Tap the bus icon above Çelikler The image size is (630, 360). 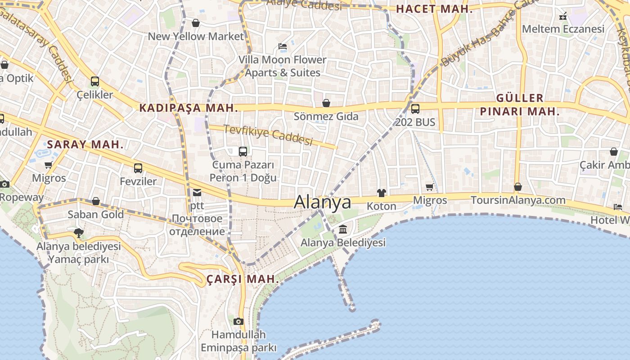click(x=94, y=81)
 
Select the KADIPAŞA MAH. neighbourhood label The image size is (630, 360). click(x=188, y=108)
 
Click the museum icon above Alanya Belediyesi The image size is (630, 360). click(x=343, y=229)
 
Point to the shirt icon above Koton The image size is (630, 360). click(x=382, y=193)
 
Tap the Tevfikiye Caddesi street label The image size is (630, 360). click(x=268, y=135)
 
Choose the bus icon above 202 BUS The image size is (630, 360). click(x=415, y=108)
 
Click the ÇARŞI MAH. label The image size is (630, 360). click(x=243, y=279)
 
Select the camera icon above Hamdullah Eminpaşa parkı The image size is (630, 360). click(x=238, y=321)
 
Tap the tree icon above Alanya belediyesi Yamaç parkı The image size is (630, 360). click(x=78, y=233)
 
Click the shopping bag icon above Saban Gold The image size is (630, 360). click(x=96, y=201)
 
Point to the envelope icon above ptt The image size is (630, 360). click(x=197, y=193)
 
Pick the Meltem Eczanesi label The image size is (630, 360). click(x=563, y=29)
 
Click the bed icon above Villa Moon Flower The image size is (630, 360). click(x=283, y=46)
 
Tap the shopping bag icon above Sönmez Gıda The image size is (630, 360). click(x=326, y=103)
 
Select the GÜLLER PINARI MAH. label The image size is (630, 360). click(x=520, y=104)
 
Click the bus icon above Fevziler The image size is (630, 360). click(x=138, y=168)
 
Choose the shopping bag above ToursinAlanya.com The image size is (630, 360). click(x=518, y=186)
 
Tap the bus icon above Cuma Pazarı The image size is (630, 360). click(x=243, y=151)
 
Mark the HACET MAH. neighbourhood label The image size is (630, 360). click(x=434, y=9)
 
